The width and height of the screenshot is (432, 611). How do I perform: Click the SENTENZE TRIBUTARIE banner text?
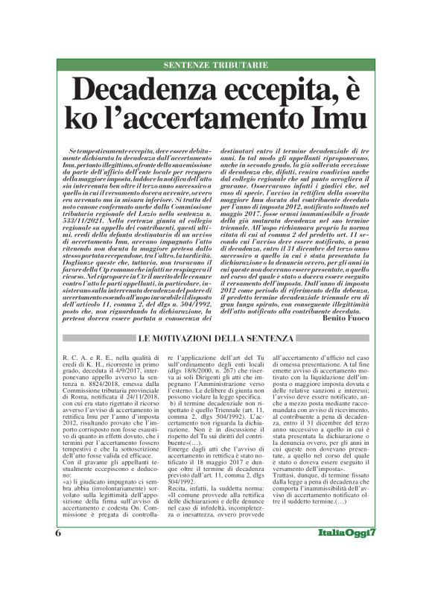pyautogui.click(x=215, y=66)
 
